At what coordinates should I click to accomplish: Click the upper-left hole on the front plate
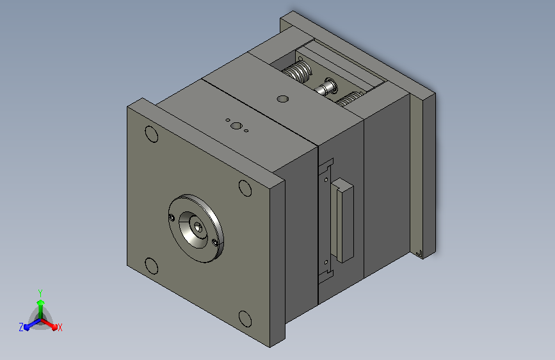152,135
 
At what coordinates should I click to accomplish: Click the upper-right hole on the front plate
245,188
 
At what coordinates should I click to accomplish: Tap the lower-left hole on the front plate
152,266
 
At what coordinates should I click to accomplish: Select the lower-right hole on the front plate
245,319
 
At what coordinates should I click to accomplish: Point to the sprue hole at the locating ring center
198,227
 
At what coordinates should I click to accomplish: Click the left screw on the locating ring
172,218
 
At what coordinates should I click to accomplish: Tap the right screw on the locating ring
214,242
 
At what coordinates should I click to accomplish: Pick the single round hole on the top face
282,99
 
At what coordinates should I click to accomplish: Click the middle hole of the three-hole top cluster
236,126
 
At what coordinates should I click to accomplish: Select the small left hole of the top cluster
228,120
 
